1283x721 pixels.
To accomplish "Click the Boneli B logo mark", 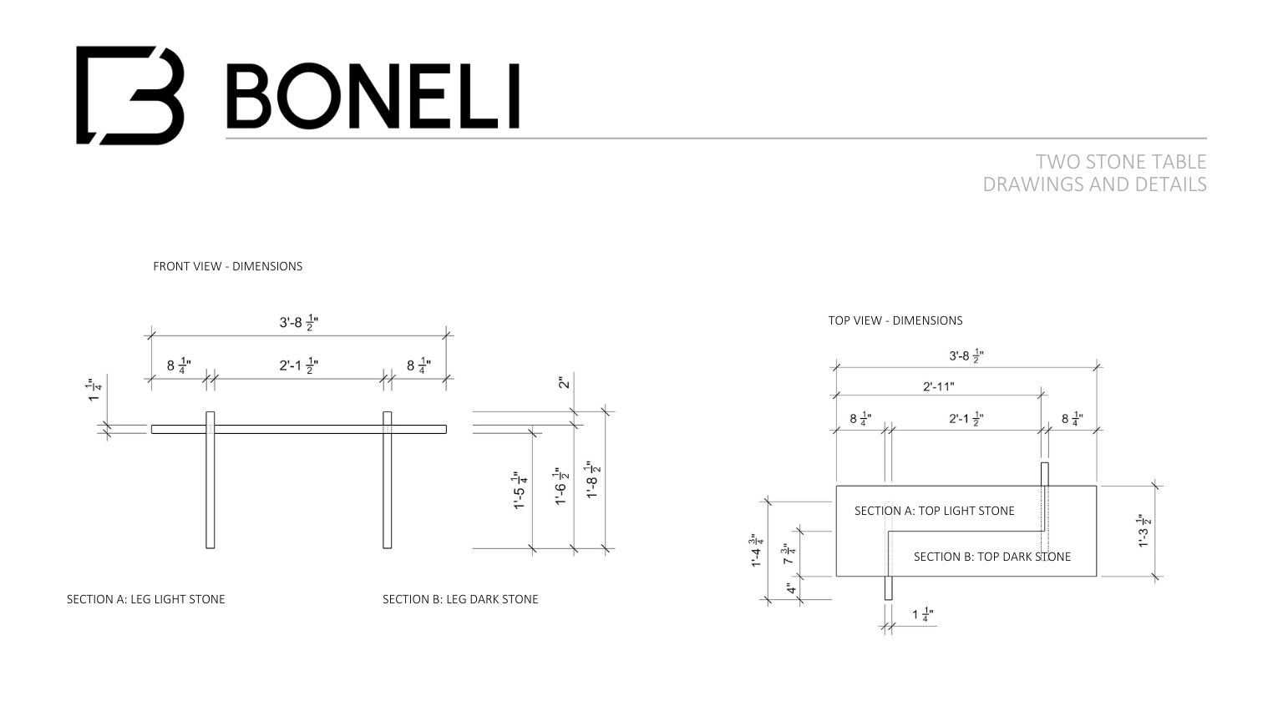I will click(129, 95).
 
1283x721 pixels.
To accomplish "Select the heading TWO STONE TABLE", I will click(1121, 161).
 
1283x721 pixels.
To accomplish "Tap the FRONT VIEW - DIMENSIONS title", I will click(227, 266).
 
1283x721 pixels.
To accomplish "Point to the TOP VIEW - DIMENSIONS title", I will click(895, 320).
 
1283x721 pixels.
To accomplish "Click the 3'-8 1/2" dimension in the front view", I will click(298, 322).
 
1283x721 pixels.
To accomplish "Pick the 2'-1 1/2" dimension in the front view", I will click(298, 366).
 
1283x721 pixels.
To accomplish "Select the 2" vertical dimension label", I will click(565, 382).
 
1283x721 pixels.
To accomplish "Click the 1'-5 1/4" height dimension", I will click(520, 490).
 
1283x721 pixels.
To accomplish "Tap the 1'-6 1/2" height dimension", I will click(560, 486).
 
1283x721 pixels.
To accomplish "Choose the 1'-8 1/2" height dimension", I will click(592, 480).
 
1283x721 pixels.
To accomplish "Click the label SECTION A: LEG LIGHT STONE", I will click(146, 599).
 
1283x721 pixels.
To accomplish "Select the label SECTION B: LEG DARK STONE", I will click(460, 599).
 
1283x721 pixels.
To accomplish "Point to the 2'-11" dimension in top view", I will click(938, 386).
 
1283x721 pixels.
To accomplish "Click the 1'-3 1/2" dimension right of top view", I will click(1144, 532).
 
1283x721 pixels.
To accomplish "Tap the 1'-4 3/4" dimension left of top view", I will click(757, 551).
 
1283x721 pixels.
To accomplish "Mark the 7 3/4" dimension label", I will click(788, 554).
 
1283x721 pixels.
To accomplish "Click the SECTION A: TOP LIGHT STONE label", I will click(934, 511).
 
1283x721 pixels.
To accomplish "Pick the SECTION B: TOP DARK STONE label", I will click(991, 557).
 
